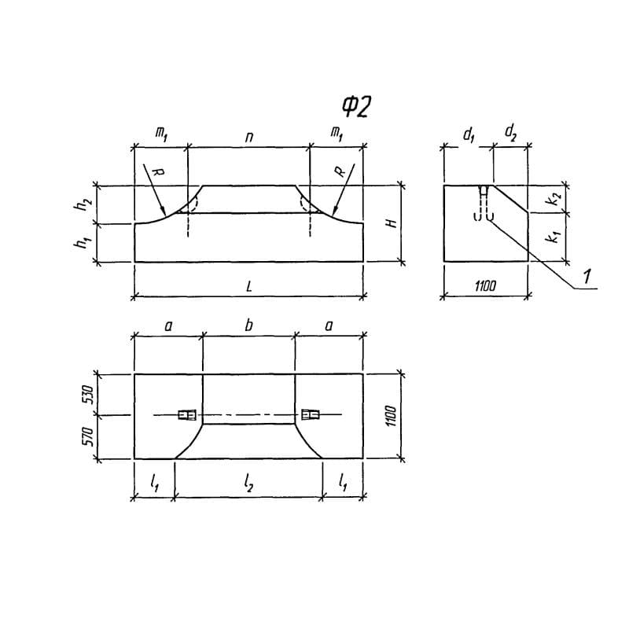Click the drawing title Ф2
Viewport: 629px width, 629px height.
pos(356,107)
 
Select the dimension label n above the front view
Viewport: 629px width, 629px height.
pos(249,138)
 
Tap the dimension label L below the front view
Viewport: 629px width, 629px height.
pos(249,286)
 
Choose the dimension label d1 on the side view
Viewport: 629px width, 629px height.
pos(469,135)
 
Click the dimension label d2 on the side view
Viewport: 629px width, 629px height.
pos(510,133)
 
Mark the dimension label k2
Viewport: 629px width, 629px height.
pos(554,199)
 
